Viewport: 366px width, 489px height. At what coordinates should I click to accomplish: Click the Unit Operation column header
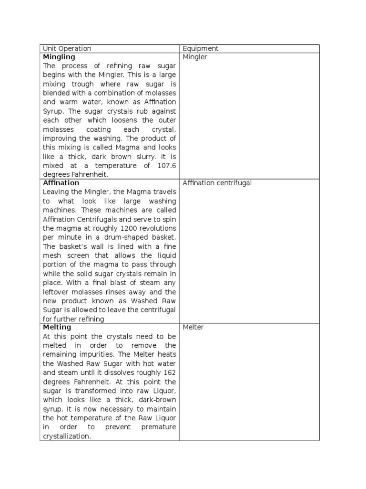tap(67, 49)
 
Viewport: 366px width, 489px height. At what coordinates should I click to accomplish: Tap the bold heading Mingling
tap(59, 57)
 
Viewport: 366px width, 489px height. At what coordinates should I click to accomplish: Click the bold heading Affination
tap(61, 183)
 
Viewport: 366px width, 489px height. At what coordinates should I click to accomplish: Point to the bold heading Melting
tap(57, 327)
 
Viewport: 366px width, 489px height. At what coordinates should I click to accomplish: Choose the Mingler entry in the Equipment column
tap(195, 57)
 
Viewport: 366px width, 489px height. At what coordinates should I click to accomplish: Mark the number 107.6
tap(166, 166)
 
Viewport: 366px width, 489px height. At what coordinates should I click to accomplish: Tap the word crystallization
tap(67, 436)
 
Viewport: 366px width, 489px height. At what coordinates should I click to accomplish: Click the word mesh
tap(51, 255)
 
